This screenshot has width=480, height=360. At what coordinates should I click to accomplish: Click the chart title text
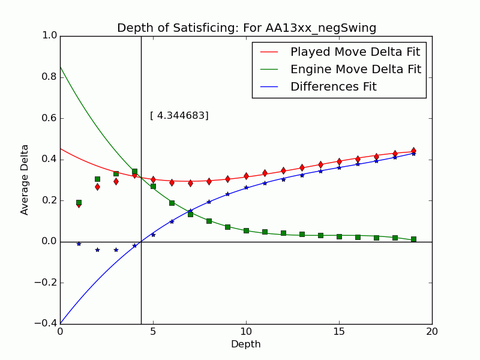point(246,28)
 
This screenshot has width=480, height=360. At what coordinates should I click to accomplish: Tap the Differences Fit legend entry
point(333,86)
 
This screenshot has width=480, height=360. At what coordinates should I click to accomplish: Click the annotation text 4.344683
point(179,116)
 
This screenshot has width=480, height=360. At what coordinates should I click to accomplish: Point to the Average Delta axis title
point(25,179)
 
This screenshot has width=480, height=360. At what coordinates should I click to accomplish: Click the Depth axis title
point(246,344)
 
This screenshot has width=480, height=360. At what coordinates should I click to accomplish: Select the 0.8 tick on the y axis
point(49,77)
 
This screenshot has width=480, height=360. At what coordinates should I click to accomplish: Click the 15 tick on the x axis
point(339,331)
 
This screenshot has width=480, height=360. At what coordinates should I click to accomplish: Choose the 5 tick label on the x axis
point(153,331)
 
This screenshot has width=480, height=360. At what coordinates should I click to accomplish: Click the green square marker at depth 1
point(79,203)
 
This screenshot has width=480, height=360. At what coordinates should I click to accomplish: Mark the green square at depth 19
point(413,239)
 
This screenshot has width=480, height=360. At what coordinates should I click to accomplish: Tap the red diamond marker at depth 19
point(413,151)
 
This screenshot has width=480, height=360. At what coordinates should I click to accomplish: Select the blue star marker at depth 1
point(79,244)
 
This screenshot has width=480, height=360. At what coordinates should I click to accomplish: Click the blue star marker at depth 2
point(97,250)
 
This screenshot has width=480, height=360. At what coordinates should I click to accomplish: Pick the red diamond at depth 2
point(97,187)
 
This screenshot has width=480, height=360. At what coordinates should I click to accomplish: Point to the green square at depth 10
point(246,230)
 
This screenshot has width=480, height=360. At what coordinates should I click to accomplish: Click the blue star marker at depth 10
point(246,187)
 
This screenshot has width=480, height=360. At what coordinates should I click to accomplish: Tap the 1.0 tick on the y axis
point(49,36)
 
